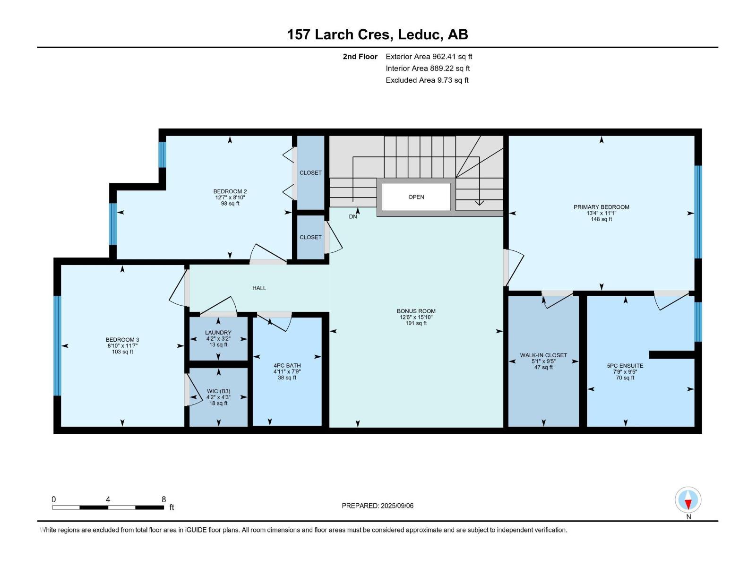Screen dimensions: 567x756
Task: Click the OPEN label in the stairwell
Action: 416,197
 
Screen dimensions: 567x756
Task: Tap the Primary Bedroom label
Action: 601,207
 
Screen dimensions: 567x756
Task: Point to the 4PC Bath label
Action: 287,366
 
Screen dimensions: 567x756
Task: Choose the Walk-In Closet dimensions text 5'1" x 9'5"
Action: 543,361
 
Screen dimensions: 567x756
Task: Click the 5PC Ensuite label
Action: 625,366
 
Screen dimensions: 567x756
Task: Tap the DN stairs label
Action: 353,216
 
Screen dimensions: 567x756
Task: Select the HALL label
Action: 259,288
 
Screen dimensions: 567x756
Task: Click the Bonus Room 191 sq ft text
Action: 416,324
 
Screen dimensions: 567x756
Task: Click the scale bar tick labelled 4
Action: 108,499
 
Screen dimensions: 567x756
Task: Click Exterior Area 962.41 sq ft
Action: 429,57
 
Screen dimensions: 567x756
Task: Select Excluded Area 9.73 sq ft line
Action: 427,80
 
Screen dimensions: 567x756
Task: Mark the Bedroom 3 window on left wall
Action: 57,345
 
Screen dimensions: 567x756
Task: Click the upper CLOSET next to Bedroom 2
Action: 310,173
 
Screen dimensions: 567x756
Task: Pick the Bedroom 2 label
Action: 230,191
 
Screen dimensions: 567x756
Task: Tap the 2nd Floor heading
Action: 360,57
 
